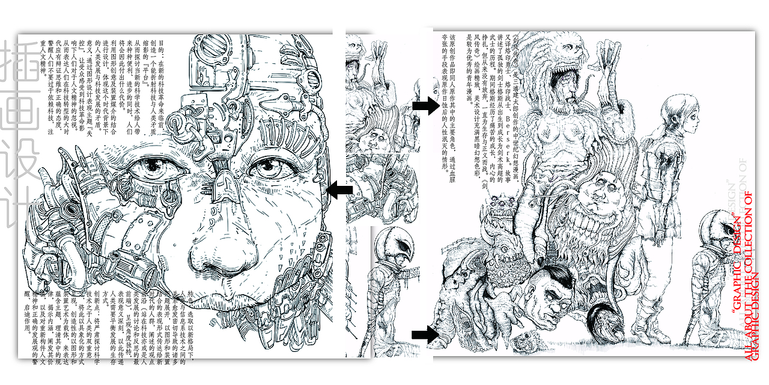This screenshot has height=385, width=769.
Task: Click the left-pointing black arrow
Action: coord(339,191)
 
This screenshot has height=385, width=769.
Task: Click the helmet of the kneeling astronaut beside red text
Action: coord(720,226)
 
